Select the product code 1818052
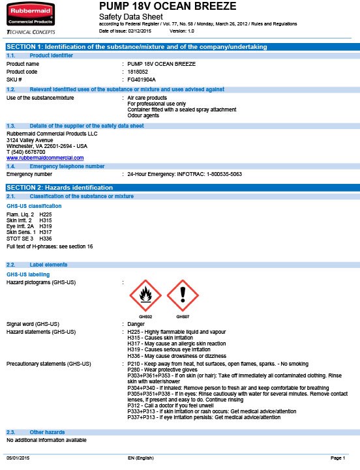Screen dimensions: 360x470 (x=138, y=71)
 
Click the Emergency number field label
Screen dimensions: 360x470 (x=29, y=175)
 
